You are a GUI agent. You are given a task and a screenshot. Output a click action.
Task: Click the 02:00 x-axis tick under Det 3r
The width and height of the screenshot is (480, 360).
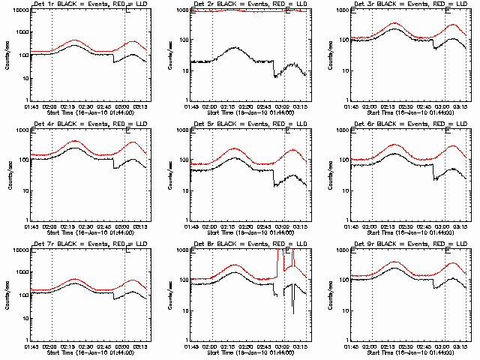click(x=371, y=107)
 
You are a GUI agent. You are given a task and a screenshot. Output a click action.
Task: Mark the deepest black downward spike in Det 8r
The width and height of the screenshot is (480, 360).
click(x=293, y=313)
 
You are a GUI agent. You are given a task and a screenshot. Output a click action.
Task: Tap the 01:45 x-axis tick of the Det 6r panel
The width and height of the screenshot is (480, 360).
click(x=352, y=227)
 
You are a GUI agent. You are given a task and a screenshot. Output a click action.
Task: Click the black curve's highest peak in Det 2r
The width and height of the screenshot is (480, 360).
click(x=235, y=47)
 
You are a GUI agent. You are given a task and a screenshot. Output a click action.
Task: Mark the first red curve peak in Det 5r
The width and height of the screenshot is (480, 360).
click(x=235, y=148)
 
